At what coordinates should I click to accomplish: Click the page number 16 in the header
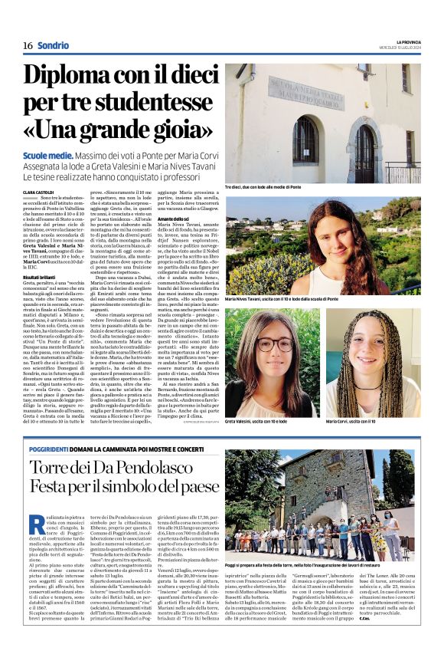point(27,45)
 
